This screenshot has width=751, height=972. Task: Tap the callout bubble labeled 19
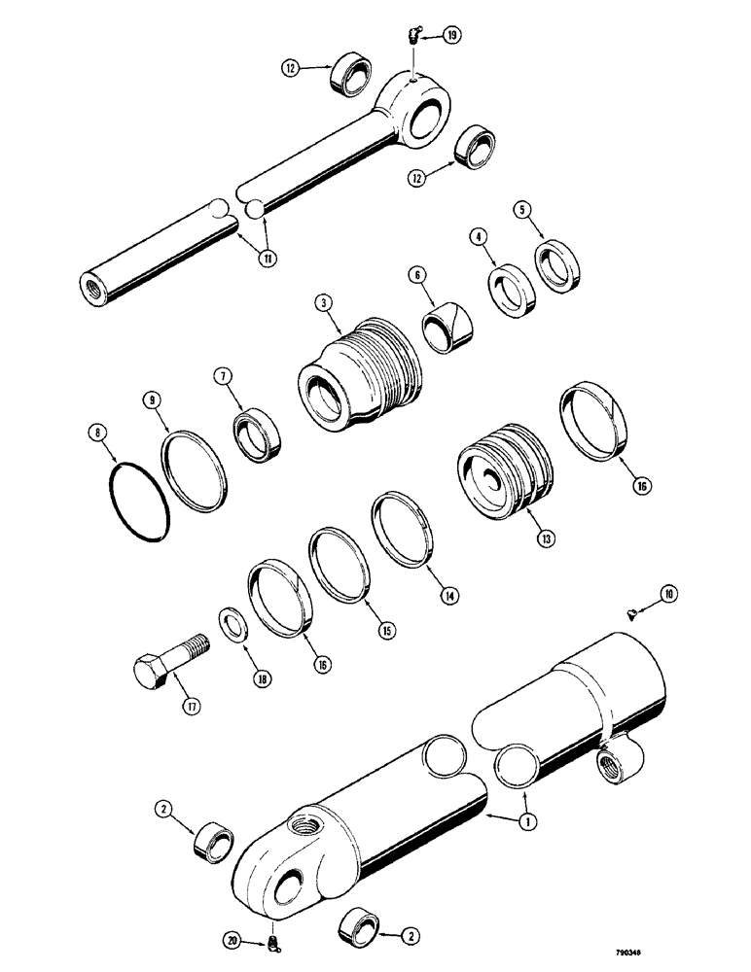point(453,36)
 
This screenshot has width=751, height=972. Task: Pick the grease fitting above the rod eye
point(411,36)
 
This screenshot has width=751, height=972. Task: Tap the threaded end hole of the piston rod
point(96,290)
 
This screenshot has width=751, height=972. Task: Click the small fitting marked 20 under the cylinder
point(275,941)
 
